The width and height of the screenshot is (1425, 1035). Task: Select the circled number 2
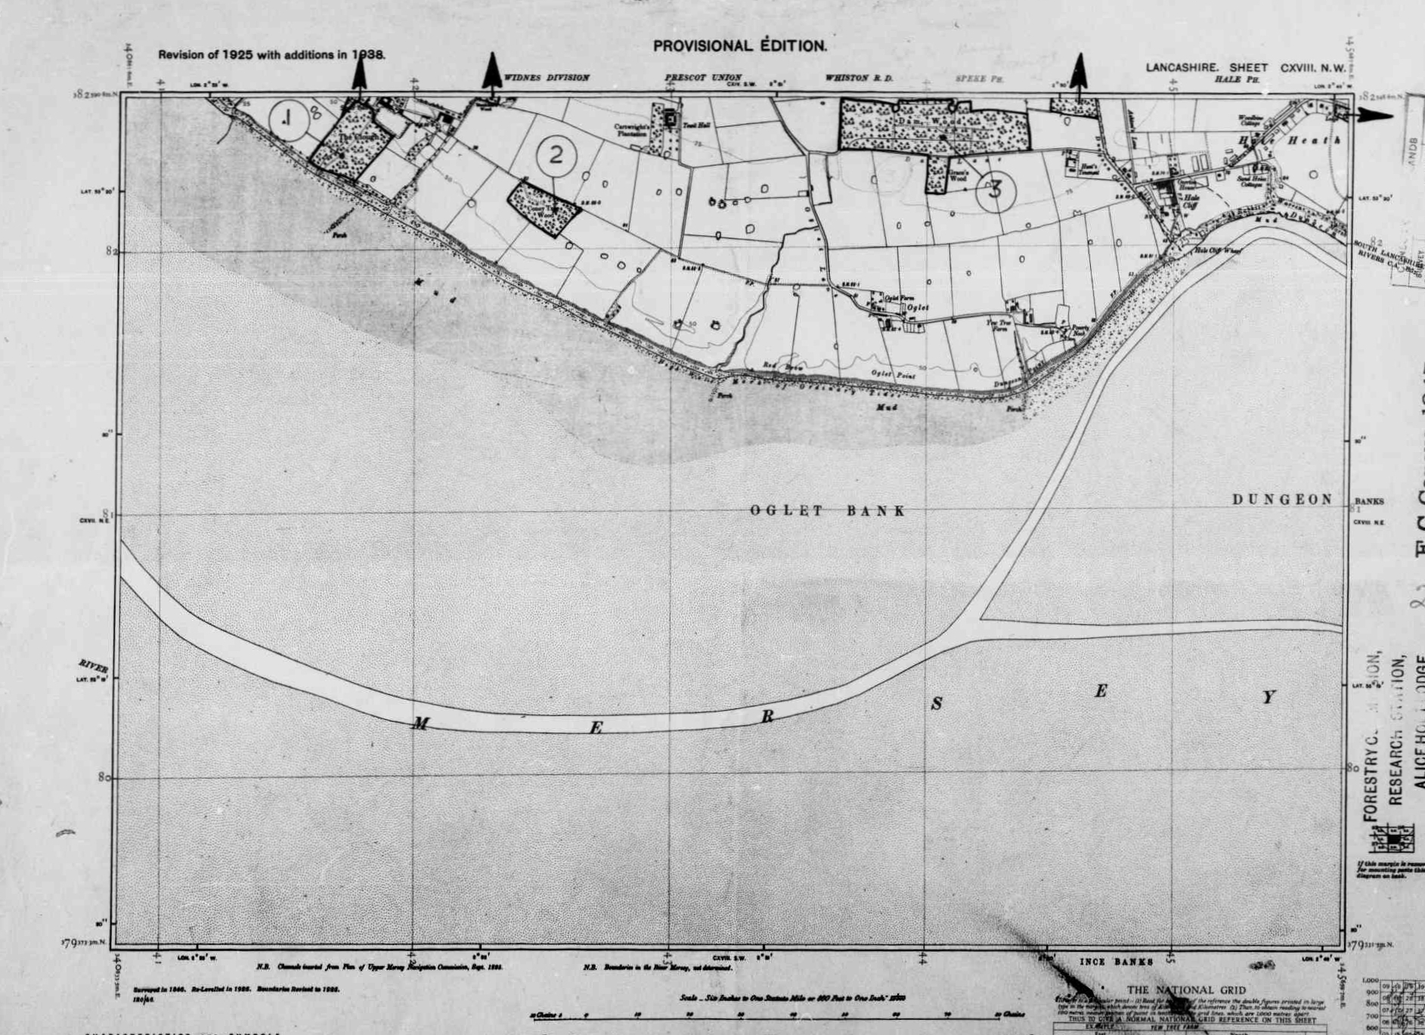(x=556, y=155)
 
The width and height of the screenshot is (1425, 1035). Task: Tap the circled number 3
(x=996, y=189)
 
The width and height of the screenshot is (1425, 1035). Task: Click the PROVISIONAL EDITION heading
(x=739, y=45)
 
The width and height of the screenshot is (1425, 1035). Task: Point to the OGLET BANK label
(x=828, y=511)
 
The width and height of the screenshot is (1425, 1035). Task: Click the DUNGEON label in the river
(x=1283, y=500)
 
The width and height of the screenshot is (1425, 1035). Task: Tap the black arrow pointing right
(x=1372, y=116)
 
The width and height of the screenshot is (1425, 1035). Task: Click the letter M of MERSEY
(x=420, y=725)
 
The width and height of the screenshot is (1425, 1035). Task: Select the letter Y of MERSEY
(x=1269, y=697)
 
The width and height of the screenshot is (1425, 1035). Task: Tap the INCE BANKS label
(x=1116, y=962)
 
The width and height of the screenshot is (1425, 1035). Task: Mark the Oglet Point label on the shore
(x=893, y=375)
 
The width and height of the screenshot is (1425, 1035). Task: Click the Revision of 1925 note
(x=271, y=54)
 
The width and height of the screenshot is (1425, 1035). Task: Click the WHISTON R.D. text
(x=859, y=78)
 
